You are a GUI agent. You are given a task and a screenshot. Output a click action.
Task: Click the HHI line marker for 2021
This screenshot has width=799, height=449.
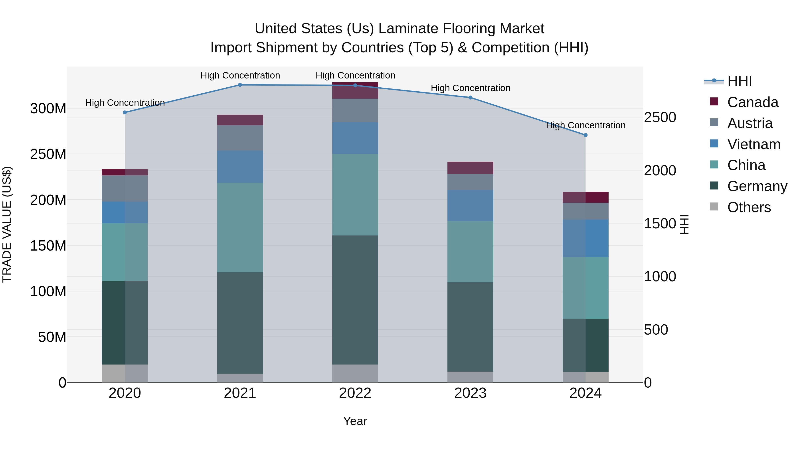[240, 85]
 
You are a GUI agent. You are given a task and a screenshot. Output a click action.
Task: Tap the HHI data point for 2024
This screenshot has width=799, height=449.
[585, 135]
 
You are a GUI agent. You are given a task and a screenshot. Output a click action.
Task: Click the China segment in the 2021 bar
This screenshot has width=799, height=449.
[240, 227]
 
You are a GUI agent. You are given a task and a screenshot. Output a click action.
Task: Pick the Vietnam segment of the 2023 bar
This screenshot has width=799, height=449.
[470, 206]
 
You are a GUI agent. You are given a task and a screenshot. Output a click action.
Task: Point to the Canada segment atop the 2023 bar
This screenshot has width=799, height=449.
[470, 168]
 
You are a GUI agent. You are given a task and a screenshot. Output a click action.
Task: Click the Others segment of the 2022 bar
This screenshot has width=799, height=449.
[355, 373]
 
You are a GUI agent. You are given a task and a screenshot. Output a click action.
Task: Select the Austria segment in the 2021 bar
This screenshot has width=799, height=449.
[240, 138]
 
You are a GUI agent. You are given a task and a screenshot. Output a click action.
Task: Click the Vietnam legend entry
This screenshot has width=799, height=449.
[754, 144]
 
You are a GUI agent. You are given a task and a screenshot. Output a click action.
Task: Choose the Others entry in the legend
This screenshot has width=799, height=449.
[749, 207]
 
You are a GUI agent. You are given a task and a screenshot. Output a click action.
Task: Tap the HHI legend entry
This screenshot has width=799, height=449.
[740, 81]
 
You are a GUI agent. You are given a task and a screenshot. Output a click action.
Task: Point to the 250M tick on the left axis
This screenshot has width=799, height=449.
[48, 154]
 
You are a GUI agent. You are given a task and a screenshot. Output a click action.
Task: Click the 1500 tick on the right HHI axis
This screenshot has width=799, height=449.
[660, 224]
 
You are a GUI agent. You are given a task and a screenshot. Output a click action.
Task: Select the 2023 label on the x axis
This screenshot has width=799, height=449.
[470, 393]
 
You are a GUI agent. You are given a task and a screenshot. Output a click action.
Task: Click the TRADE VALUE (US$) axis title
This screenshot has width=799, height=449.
[7, 224]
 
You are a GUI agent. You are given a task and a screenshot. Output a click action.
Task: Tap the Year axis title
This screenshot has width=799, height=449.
[355, 421]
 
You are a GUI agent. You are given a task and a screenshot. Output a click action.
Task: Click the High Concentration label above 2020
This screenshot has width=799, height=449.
[125, 103]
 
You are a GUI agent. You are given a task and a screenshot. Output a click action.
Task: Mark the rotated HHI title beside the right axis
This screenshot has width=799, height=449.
[684, 224]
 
